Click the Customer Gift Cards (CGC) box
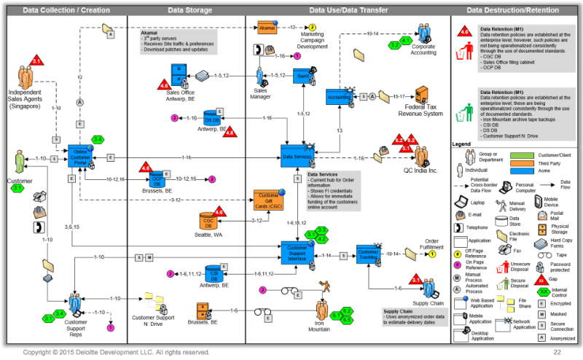[267, 200]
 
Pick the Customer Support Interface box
[297, 252]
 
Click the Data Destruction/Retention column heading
[514, 10]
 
